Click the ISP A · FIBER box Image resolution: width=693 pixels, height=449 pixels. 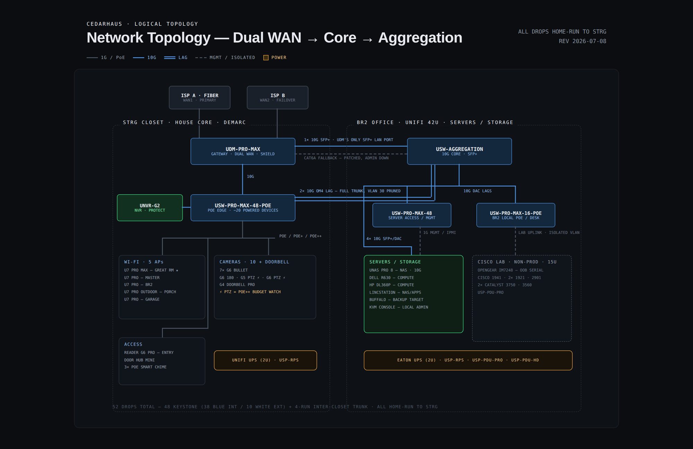coord(200,98)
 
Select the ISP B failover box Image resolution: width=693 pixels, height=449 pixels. coord(278,98)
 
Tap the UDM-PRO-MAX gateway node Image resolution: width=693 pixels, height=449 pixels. coord(243,151)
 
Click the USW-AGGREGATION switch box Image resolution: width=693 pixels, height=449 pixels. coord(459,151)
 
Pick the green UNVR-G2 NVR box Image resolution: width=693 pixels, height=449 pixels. coord(150,208)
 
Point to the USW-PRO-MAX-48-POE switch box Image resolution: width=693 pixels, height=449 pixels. coord(243,208)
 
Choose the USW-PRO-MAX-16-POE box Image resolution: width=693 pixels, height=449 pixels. coord(516,215)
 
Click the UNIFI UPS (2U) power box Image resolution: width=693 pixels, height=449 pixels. coord(265,360)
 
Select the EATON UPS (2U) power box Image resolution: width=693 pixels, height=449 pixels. coord(468,360)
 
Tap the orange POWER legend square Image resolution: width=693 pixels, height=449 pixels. coord(266,58)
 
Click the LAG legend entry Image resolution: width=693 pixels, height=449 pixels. coord(176,58)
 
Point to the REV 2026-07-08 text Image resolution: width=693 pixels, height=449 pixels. coord(582,41)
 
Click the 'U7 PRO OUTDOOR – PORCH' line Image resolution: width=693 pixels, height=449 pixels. coord(150,292)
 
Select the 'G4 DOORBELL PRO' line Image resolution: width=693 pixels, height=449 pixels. coord(237,285)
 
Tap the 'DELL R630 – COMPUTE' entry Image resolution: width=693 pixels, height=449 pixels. coord(392,278)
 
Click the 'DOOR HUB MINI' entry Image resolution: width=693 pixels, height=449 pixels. coord(139,360)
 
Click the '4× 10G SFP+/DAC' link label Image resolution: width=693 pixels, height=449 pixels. coord(384,239)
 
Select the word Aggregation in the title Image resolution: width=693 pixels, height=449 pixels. coord(420,37)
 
